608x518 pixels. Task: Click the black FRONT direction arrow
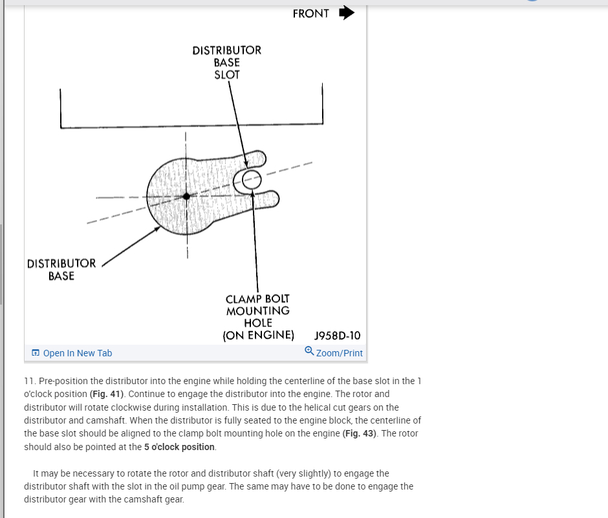pyautogui.click(x=347, y=13)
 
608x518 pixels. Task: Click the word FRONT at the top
pyautogui.click(x=310, y=14)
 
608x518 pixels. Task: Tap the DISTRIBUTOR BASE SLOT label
pyautogui.click(x=227, y=62)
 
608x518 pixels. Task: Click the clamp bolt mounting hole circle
pyautogui.click(x=252, y=179)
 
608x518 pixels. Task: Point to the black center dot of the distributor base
pyautogui.click(x=186, y=196)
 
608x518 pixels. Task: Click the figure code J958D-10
pyautogui.click(x=337, y=336)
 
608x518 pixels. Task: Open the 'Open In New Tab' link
pyautogui.click(x=77, y=353)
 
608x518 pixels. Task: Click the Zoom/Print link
pyautogui.click(x=340, y=353)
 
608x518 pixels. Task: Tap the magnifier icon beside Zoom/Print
pyautogui.click(x=309, y=351)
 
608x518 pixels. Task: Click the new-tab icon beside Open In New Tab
pyautogui.click(x=36, y=353)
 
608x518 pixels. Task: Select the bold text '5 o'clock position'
pyautogui.click(x=175, y=447)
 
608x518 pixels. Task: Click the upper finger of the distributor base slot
pyautogui.click(x=256, y=159)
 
